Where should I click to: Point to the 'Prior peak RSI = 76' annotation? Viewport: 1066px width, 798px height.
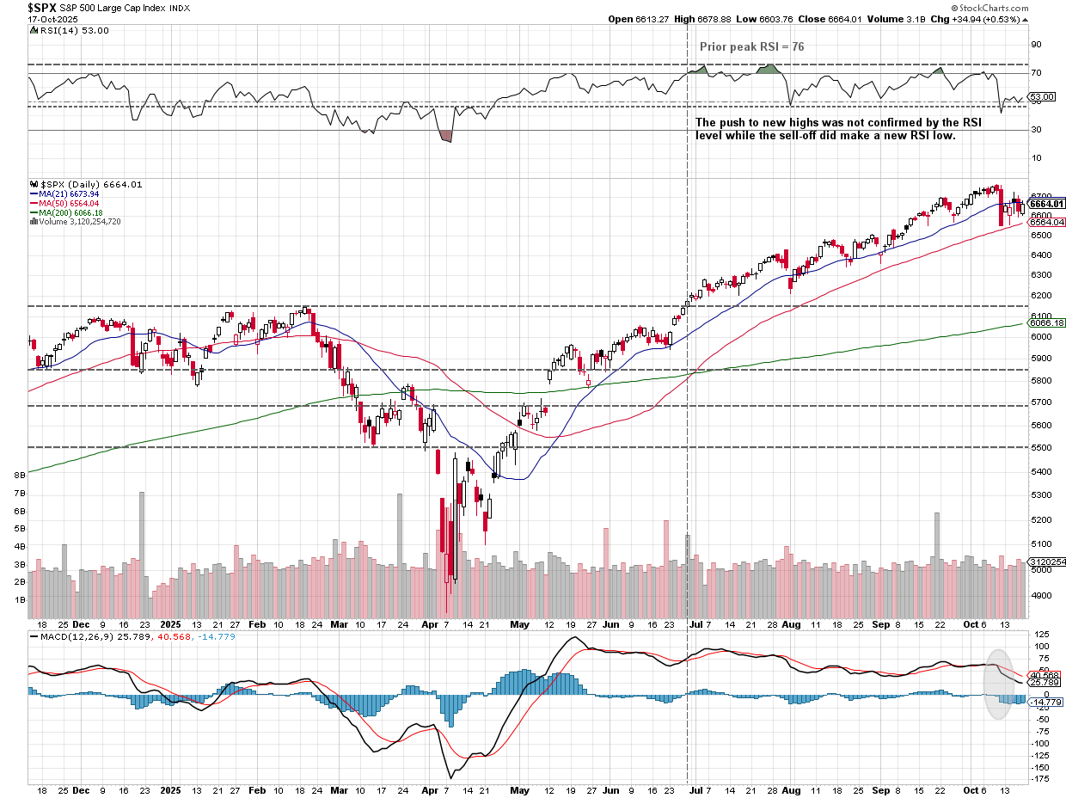(x=752, y=46)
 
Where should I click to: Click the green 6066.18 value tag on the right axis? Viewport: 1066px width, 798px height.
(x=1047, y=323)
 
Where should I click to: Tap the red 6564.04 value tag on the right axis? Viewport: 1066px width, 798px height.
(x=1047, y=222)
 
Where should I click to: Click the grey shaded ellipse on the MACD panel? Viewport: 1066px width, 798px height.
(x=997, y=684)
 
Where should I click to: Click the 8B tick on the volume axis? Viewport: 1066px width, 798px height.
(x=18, y=475)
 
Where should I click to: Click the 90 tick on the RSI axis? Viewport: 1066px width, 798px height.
(x=1037, y=43)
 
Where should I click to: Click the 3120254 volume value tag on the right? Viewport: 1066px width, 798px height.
(x=1047, y=562)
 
